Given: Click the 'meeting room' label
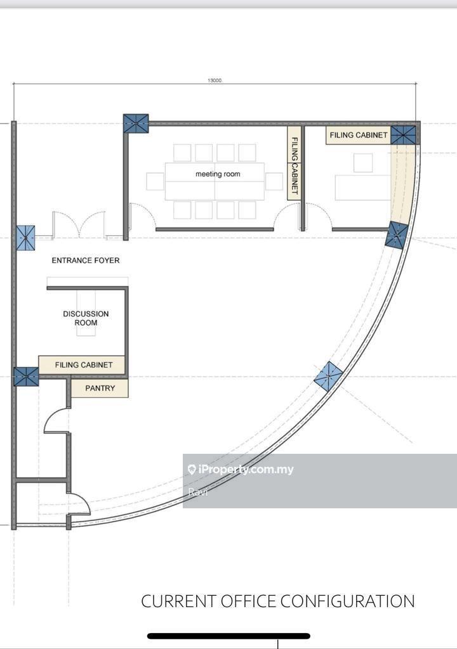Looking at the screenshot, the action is tap(218, 174).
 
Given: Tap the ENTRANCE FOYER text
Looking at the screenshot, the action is tap(86, 260).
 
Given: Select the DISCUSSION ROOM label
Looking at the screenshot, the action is tap(86, 318).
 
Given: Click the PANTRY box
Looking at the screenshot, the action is tap(100, 389).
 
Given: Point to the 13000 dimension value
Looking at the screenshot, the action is tap(215, 80).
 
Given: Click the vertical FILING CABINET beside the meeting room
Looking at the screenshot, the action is tap(294, 163).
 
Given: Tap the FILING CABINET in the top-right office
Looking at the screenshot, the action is tap(359, 135).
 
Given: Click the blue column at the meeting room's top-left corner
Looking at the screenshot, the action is tap(136, 124).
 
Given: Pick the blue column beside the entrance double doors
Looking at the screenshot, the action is tap(26, 238).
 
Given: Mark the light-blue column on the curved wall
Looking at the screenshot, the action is tap(328, 376).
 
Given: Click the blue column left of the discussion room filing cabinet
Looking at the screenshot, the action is tap(26, 376).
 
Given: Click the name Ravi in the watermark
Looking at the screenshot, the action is tap(197, 492).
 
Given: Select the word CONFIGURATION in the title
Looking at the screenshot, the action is tap(348, 601).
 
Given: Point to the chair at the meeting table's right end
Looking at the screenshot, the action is tap(274, 181).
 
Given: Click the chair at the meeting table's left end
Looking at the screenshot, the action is tap(155, 181).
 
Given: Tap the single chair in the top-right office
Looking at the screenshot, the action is tap(363, 163).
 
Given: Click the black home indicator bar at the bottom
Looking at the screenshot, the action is tap(228, 636).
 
